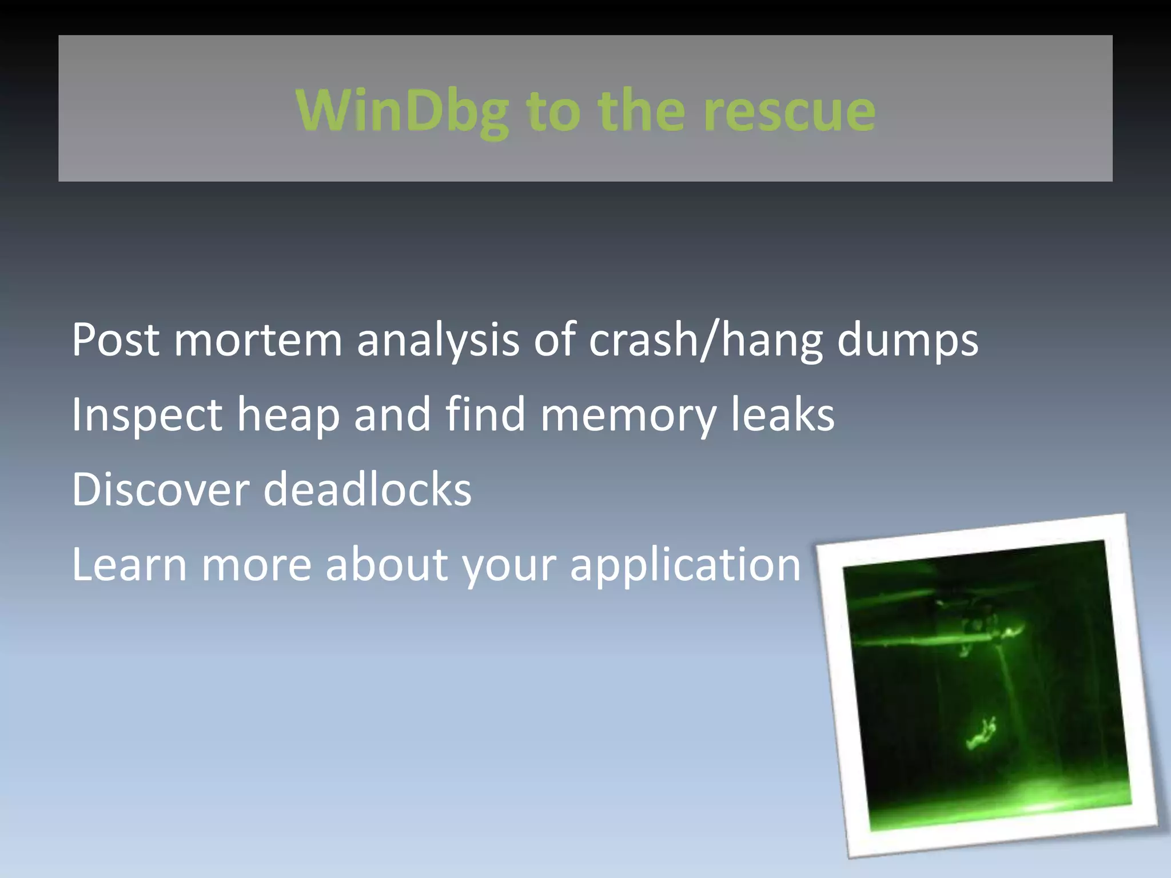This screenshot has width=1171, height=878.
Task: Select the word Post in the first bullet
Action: point(115,340)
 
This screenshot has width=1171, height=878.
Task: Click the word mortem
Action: point(258,340)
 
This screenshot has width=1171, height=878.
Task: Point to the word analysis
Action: point(437,340)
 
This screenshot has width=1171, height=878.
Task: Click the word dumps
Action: point(907,340)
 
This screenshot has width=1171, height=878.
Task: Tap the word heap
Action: point(288,415)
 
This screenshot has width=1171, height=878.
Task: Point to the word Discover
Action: point(161,490)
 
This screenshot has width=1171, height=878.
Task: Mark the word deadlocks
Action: point(367,490)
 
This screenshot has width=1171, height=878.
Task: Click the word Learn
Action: point(129,565)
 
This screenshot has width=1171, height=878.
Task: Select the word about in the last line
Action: point(387,565)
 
